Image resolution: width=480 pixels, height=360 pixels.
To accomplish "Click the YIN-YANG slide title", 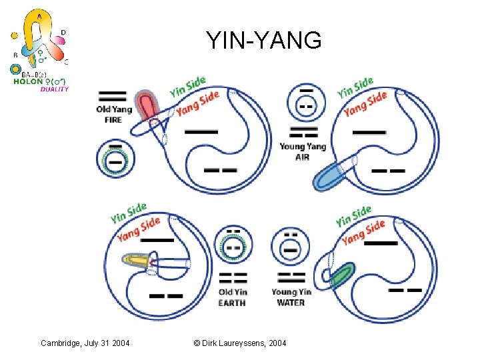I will [x=263, y=40].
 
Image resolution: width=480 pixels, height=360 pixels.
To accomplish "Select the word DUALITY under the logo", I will [x=55, y=89].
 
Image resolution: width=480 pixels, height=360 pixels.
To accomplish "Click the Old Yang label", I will [x=114, y=109].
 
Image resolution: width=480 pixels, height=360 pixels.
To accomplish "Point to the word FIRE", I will [x=113, y=119].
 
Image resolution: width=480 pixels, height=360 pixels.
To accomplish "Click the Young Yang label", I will [x=303, y=147].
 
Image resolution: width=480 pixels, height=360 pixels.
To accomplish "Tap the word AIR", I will [x=303, y=157].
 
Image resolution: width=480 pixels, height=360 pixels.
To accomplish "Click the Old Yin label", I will [x=232, y=291].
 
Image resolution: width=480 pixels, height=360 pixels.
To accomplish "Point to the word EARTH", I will [x=232, y=302].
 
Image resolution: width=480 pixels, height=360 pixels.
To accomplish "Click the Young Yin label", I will [x=291, y=291].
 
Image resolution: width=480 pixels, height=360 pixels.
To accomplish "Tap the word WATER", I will [x=291, y=302].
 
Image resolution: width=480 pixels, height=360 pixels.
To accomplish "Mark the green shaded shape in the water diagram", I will [x=343, y=275].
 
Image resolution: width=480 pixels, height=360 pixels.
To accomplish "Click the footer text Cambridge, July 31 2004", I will [x=85, y=343].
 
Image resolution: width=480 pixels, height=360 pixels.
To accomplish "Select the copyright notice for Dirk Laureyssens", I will [x=240, y=343].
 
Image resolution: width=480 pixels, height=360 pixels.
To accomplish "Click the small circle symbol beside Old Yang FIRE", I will [x=115, y=157].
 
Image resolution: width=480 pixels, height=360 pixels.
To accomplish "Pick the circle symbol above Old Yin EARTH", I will [x=233, y=247].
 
